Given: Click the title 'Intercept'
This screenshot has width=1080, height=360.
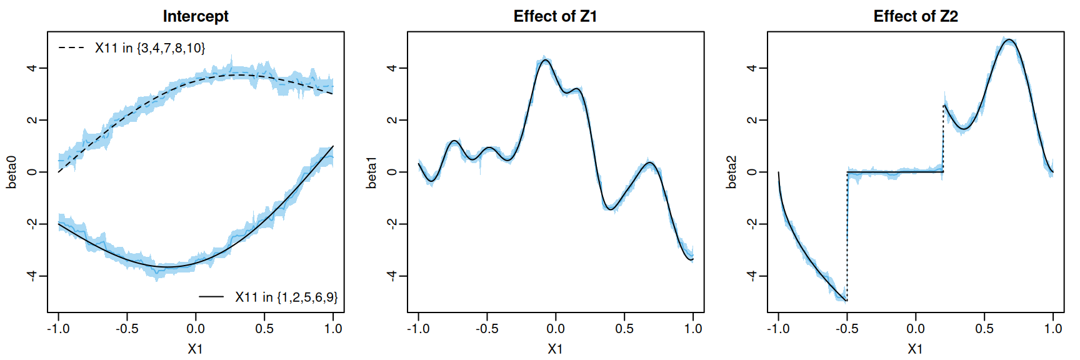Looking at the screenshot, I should click(x=196, y=16).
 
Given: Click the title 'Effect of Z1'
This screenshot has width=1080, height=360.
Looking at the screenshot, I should click(x=555, y=16).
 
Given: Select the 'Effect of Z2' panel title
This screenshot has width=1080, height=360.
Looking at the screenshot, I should click(x=915, y=16).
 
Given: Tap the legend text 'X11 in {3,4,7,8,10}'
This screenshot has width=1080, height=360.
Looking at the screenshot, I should click(x=150, y=47).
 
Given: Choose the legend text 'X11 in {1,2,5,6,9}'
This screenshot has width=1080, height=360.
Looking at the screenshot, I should click(x=286, y=297).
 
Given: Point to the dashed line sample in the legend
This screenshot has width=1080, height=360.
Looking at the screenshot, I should click(x=71, y=47).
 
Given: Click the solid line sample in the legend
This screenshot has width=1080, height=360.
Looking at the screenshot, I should click(x=211, y=297).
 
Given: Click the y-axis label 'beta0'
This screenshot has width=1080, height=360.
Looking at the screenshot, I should click(x=12, y=172).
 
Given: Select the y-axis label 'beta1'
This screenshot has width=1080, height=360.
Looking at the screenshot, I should click(x=372, y=172).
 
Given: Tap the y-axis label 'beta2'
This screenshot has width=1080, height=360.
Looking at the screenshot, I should click(x=732, y=172).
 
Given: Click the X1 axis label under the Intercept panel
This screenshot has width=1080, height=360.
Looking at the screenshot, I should click(x=196, y=349).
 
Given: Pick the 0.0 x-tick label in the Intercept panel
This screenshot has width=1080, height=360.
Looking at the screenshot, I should click(x=196, y=329).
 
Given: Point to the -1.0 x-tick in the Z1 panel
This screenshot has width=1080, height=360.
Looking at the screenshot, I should click(x=418, y=329).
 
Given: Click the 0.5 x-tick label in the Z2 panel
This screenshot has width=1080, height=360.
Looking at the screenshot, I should click(x=984, y=329).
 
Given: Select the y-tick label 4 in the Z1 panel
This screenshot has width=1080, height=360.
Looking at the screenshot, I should click(x=392, y=67).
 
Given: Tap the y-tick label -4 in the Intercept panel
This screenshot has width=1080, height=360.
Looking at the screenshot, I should click(x=32, y=276).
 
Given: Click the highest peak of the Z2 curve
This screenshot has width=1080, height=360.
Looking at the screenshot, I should click(x=1008, y=40).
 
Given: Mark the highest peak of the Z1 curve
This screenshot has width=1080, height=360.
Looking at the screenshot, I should click(x=545, y=60).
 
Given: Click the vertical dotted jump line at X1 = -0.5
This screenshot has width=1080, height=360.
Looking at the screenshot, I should click(x=847, y=237).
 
